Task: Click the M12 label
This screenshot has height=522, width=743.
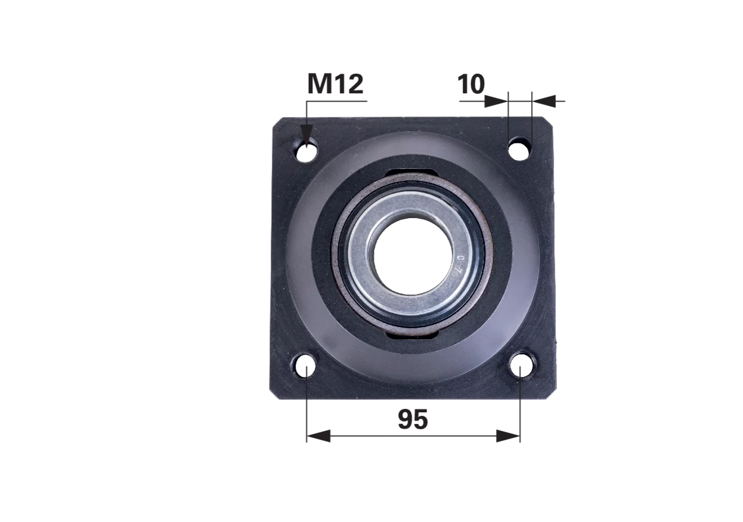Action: pyautogui.click(x=336, y=84)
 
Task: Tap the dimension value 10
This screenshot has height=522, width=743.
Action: pyautogui.click(x=471, y=84)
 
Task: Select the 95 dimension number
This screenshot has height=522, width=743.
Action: pyautogui.click(x=413, y=419)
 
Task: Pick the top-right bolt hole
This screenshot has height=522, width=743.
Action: pyautogui.click(x=519, y=149)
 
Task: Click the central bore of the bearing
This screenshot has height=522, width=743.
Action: pyautogui.click(x=413, y=256)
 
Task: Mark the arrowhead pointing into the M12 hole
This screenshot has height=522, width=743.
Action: pyautogui.click(x=307, y=135)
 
